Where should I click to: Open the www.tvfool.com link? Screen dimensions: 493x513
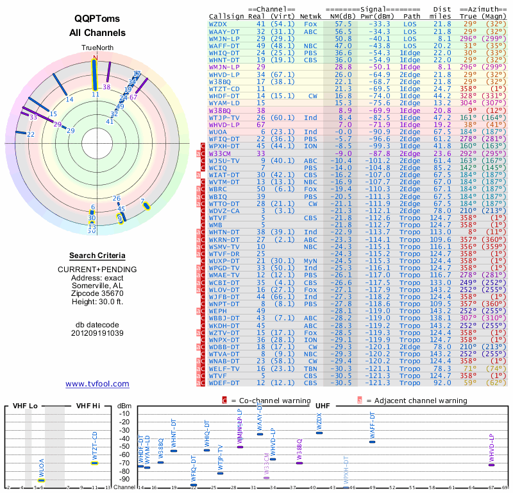[x=97, y=384]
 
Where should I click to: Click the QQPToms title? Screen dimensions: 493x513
[x=97, y=18]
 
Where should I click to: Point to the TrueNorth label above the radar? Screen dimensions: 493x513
[x=97, y=48]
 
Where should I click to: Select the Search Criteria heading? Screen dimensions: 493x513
[x=97, y=255]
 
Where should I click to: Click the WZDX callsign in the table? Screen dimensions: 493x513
[x=218, y=24]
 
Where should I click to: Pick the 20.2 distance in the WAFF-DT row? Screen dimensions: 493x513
[x=442, y=46]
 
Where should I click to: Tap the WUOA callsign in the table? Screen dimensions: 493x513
[x=218, y=132]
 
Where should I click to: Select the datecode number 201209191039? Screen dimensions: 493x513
[x=97, y=333]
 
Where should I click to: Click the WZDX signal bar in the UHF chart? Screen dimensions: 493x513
[x=319, y=433]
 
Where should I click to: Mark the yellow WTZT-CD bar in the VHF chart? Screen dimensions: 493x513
[x=94, y=463]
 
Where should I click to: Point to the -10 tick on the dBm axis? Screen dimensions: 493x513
[x=124, y=414]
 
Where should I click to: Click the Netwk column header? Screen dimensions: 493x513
[x=310, y=15]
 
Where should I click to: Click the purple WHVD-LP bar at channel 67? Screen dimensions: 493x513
[x=491, y=465]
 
